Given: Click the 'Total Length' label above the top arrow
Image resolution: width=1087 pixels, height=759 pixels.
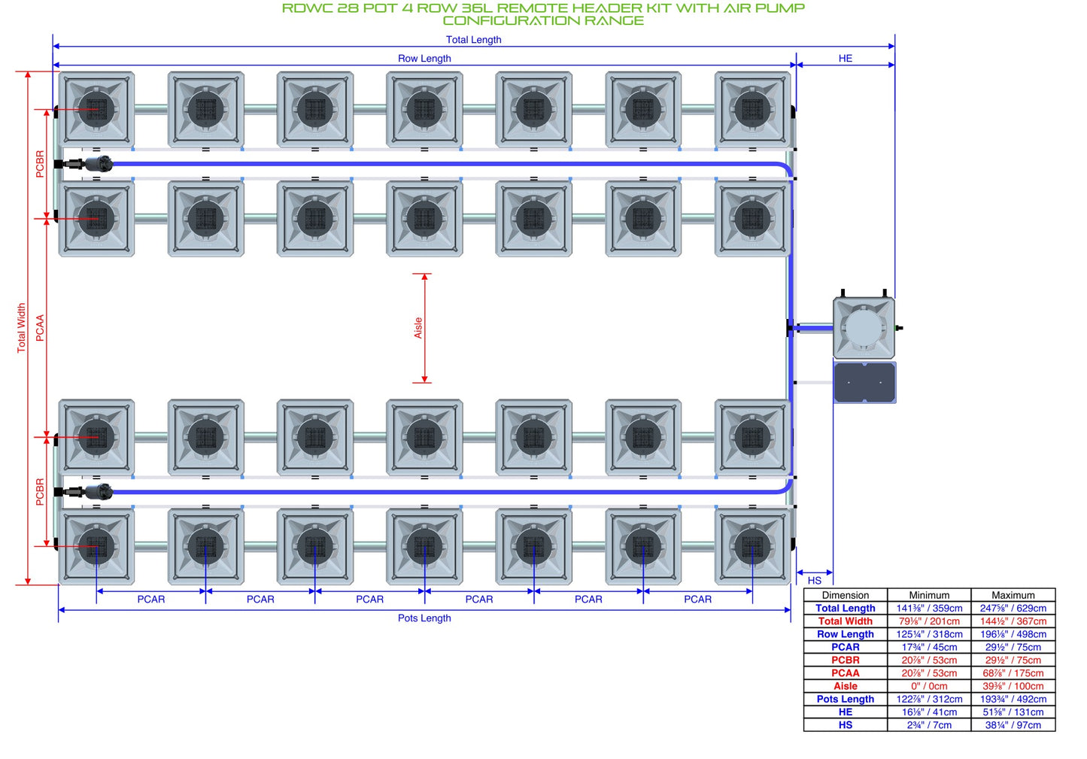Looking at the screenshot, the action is coord(473,40).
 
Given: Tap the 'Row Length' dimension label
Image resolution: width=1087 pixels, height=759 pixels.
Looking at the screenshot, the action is coord(424,58).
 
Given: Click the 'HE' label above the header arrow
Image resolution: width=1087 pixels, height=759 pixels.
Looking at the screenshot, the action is coord(845,58).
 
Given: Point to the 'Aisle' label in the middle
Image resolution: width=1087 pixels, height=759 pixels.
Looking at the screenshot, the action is coord(417,327).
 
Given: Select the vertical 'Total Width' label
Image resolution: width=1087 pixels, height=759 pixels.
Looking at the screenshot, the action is coord(21,327).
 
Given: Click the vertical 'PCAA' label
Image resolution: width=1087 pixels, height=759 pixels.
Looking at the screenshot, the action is coord(40,327).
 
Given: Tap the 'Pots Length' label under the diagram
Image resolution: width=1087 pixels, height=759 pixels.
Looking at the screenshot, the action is coord(424,618).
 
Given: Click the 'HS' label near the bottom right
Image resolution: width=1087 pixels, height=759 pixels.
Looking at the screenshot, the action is coord(814,581).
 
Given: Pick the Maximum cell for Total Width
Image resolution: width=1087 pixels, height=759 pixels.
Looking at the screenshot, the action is coord(1013,621).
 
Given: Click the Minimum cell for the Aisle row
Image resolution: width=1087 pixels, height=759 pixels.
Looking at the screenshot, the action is coord(929,686).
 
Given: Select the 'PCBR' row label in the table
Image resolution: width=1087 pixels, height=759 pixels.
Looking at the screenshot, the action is coord(845,660).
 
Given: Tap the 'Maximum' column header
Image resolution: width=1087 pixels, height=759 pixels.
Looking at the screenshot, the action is coord(1013,595).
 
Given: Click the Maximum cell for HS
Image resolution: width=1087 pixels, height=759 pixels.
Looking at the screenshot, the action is coord(1013,725).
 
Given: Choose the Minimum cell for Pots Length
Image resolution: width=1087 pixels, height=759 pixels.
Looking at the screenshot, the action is coord(929,700).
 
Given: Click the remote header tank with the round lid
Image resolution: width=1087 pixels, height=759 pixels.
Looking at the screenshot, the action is coord(864,327).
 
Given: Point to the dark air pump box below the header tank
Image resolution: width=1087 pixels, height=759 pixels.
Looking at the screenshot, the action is coord(864,382).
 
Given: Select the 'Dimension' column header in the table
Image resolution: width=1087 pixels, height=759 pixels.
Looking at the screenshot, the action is coord(845,595).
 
